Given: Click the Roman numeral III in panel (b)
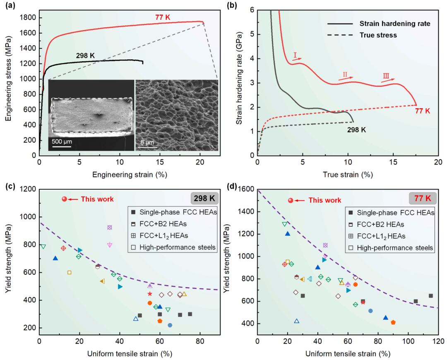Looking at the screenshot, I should pyautogui.click(x=386, y=76).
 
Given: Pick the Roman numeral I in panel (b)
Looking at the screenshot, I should pyautogui.click(x=296, y=55).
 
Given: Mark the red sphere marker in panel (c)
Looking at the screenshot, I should pyautogui.click(x=64, y=199).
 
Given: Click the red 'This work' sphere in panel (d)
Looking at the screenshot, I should pyautogui.click(x=291, y=201).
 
